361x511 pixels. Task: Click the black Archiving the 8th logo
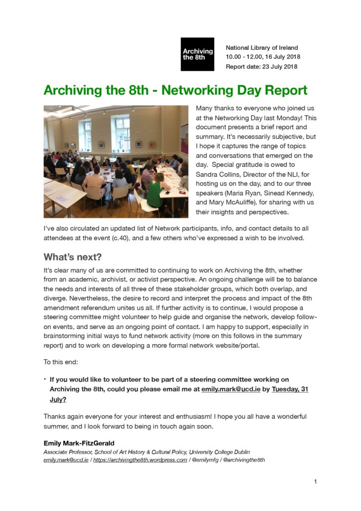(197, 54)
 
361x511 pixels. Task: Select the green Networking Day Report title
(176, 90)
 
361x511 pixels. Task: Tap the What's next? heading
(72, 257)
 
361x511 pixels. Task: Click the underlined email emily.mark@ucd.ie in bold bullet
(231, 389)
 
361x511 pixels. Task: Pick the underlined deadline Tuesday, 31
(290, 389)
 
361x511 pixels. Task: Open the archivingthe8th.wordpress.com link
(140, 460)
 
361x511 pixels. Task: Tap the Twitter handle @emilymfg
(205, 460)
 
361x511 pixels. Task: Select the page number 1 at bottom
(316, 482)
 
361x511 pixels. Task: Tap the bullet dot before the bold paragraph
(45, 379)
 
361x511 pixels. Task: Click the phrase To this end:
(61, 362)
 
